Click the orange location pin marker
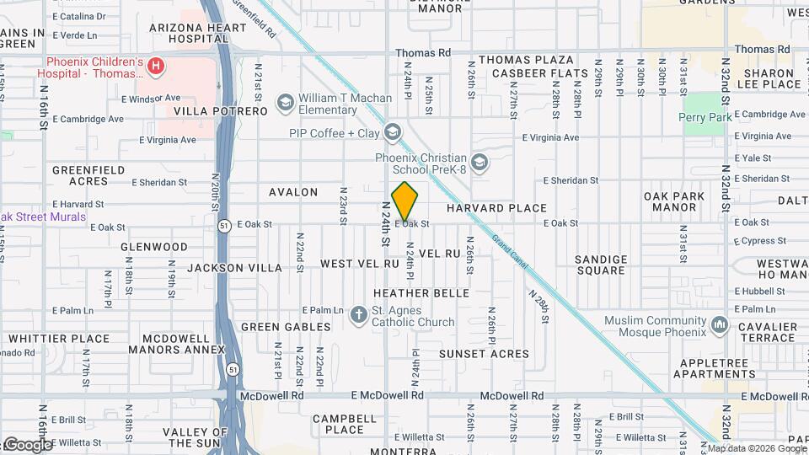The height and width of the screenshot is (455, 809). [405, 201]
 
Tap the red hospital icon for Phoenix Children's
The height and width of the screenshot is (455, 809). [155, 66]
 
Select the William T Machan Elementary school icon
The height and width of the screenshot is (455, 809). [286, 104]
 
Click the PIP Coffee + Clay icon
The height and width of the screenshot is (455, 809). [392, 132]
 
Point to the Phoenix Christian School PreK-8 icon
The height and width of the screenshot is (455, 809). [480, 162]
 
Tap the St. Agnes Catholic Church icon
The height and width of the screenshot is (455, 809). [361, 315]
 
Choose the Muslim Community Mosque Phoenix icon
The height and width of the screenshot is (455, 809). [719, 324]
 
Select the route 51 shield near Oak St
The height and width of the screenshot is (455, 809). [223, 225]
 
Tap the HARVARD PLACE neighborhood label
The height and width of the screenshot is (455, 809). [496, 207]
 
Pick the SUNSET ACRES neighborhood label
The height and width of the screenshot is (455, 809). [484, 354]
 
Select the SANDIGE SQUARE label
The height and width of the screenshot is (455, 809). [601, 265]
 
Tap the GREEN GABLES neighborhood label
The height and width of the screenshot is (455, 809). [286, 326]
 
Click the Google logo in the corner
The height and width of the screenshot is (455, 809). [27, 444]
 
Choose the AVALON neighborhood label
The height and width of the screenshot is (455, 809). [293, 192]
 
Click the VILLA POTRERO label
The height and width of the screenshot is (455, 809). [220, 110]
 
